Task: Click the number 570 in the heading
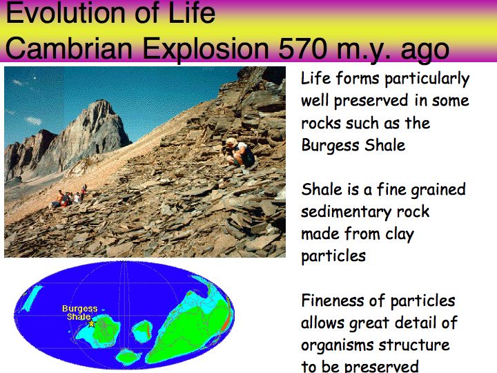click(x=302, y=48)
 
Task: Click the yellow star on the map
click(x=91, y=323)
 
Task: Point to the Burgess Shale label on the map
click(x=79, y=312)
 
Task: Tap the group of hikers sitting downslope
click(x=69, y=198)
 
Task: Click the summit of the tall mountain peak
click(x=102, y=102)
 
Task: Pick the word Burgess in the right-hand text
click(x=330, y=146)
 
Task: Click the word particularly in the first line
click(x=427, y=79)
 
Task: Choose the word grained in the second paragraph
click(x=438, y=190)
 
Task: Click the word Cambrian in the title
click(x=68, y=48)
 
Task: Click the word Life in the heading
click(x=192, y=13)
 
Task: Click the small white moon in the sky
click(x=35, y=78)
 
